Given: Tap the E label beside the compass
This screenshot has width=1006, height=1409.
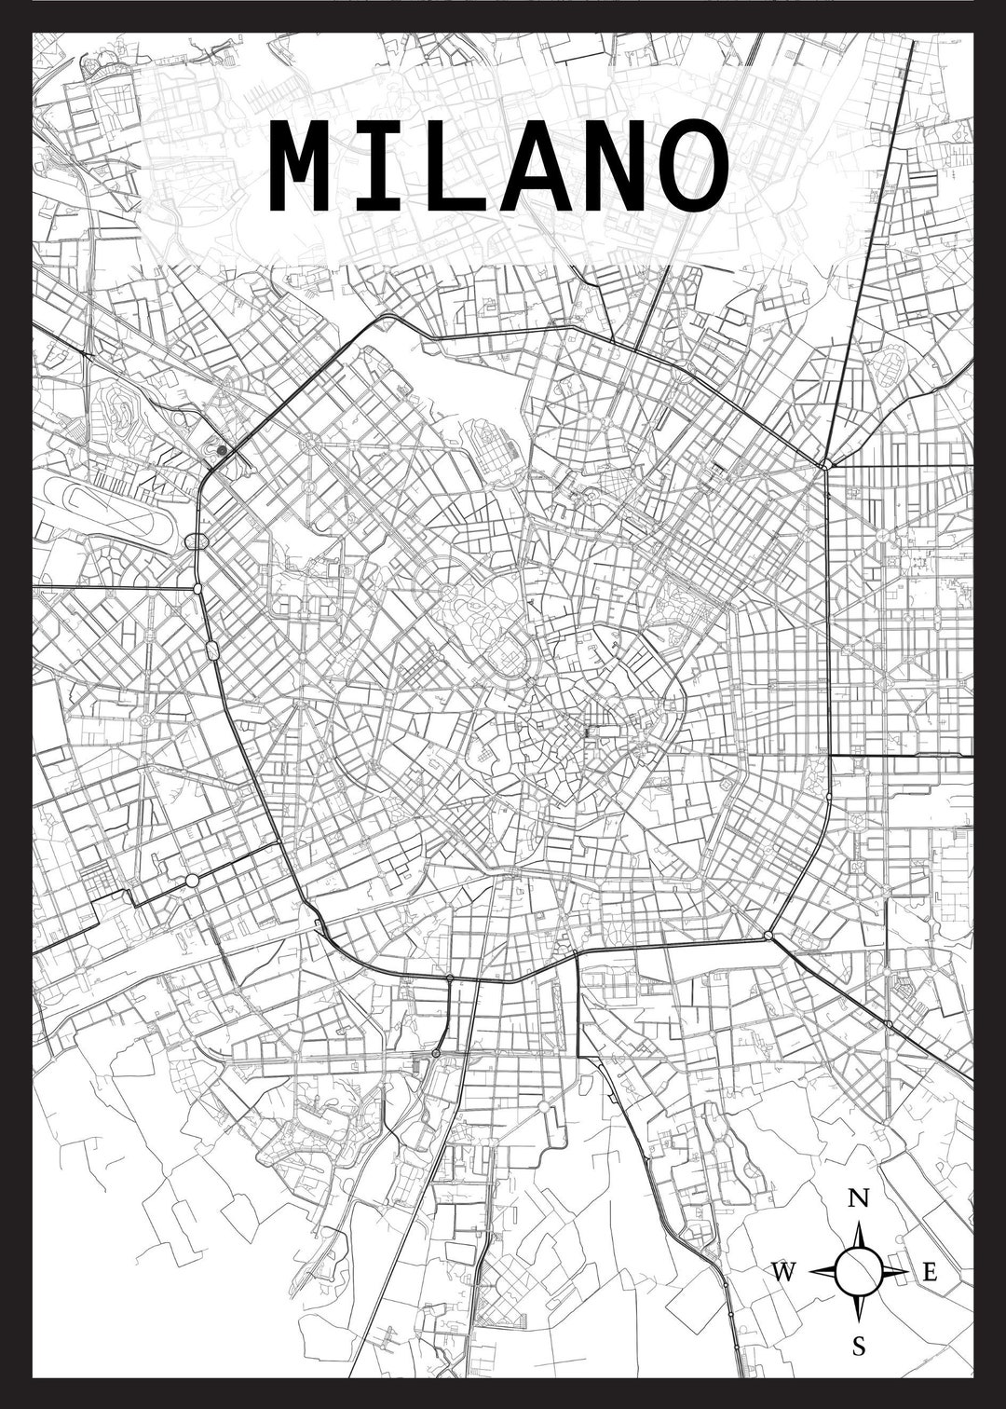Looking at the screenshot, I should [928, 1271].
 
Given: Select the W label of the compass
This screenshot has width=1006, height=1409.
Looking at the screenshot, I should [784, 1270].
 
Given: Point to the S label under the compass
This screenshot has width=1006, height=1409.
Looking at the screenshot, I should [859, 1346].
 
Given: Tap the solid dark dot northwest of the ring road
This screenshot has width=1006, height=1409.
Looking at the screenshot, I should [222, 450].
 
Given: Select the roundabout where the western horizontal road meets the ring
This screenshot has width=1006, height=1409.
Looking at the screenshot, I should [197, 588].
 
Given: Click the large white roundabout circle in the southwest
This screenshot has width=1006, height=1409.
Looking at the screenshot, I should [192, 880].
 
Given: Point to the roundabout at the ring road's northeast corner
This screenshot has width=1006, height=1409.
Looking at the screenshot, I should [825, 463].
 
